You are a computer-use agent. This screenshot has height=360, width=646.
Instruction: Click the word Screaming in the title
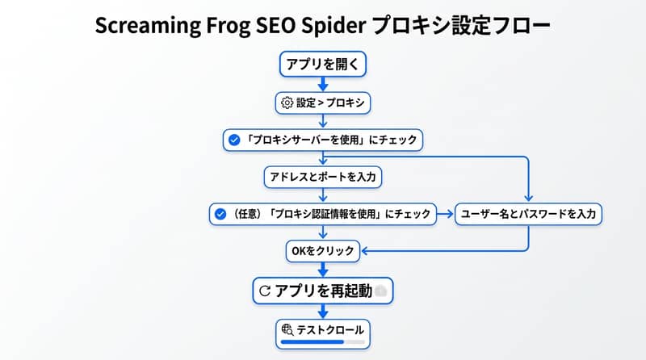(x=148, y=26)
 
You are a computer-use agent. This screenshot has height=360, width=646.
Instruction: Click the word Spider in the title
(x=333, y=26)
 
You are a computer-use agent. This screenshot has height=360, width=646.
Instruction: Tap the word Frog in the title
(x=229, y=26)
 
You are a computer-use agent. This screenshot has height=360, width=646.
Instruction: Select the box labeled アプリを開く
(x=322, y=64)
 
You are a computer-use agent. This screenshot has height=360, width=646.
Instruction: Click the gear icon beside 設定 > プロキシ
(x=287, y=103)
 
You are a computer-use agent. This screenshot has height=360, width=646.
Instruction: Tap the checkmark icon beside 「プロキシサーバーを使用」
(x=234, y=140)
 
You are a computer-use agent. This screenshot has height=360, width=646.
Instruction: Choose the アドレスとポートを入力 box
(x=322, y=177)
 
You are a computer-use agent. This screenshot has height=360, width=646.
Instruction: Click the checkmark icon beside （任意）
(x=220, y=214)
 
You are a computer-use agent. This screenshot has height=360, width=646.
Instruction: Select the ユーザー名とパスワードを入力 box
(x=528, y=214)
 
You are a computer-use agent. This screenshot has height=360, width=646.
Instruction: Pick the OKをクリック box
(x=322, y=251)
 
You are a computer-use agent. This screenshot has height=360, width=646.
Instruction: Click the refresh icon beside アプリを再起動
(x=265, y=291)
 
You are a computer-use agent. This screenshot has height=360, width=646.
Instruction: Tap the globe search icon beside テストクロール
(x=287, y=329)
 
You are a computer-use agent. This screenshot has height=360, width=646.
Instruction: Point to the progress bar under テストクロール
(x=322, y=342)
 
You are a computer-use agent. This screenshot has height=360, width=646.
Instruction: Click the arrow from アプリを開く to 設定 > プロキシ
(x=323, y=84)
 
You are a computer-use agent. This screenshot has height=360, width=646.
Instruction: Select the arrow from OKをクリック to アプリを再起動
(x=323, y=270)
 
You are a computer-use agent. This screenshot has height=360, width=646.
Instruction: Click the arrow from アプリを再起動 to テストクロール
(x=323, y=312)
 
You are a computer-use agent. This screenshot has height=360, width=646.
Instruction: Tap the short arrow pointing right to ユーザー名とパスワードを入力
(x=445, y=214)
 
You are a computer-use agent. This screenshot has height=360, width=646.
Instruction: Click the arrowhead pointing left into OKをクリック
(x=364, y=251)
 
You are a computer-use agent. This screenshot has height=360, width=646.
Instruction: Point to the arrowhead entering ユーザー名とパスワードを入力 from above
(x=528, y=199)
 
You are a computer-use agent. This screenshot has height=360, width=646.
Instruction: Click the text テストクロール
(x=330, y=330)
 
